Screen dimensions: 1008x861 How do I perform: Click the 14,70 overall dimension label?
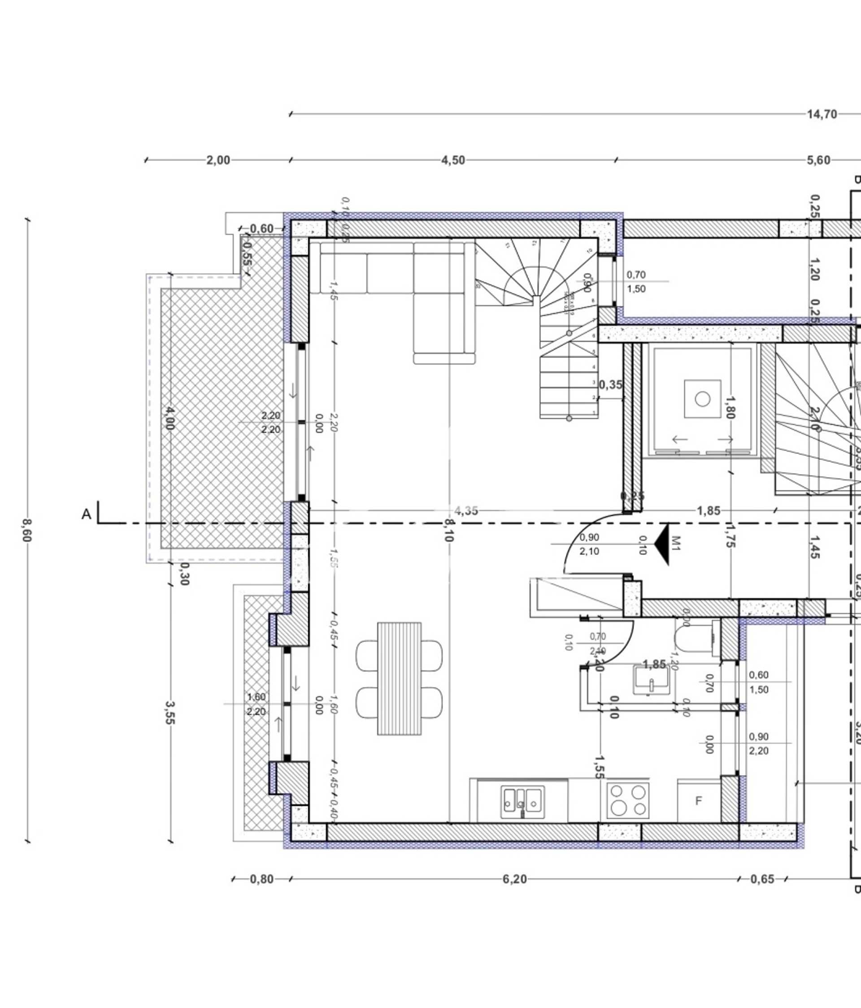[x=822, y=114]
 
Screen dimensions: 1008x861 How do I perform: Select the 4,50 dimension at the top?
[x=453, y=160]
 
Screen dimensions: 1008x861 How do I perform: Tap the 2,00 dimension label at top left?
[x=218, y=160]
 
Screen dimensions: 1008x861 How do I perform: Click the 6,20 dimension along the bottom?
[x=515, y=879]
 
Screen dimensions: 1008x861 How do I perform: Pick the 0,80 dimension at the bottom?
[x=261, y=879]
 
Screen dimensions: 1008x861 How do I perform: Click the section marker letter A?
[x=86, y=514]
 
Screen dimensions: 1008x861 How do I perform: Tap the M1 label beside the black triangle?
[x=676, y=543]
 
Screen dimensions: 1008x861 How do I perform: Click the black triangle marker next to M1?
[x=662, y=544]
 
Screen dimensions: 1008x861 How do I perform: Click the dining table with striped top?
[x=400, y=678]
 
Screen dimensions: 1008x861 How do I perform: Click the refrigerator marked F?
[x=699, y=801]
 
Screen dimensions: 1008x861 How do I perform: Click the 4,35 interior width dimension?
[x=466, y=511]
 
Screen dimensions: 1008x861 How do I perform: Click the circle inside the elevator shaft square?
[x=702, y=399]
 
